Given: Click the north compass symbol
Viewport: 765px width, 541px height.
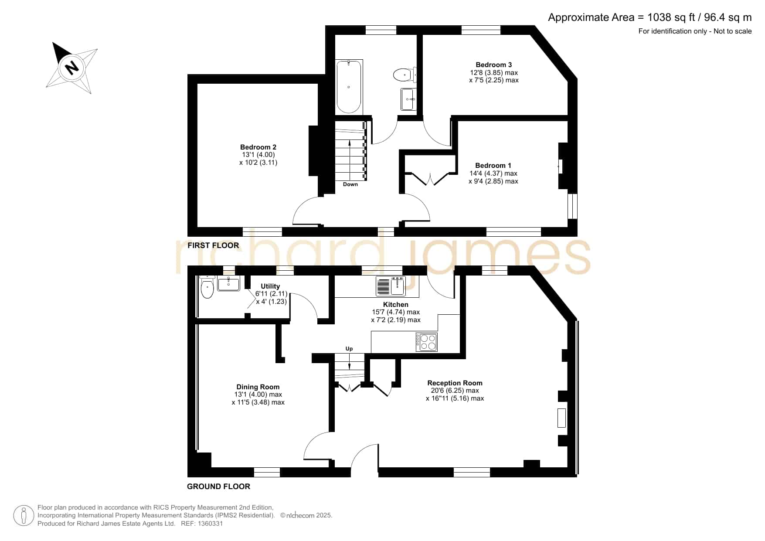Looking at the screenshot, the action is point(72,68).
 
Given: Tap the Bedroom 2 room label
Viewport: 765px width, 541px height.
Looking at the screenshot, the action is point(258,147).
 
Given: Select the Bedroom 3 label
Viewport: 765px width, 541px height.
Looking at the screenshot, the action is point(494,65).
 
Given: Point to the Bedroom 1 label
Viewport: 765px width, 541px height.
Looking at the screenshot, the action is point(493,166).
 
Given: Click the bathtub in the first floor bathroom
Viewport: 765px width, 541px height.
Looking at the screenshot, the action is point(349,87).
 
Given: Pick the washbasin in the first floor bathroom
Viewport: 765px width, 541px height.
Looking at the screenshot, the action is point(409,99).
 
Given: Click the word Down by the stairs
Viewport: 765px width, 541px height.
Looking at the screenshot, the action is point(350,184).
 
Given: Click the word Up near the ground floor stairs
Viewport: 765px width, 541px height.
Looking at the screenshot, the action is point(349,349).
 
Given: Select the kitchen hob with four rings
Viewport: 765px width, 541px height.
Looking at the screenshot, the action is point(426,342).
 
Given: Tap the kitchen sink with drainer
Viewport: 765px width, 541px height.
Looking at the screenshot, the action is point(391,286).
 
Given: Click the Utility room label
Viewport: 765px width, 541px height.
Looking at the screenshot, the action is point(270,286).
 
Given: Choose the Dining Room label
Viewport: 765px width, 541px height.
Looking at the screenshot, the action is point(258,387).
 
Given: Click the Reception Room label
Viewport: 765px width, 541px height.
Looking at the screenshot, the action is point(455,383).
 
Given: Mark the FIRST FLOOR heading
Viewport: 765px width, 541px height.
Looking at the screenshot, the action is point(213,245).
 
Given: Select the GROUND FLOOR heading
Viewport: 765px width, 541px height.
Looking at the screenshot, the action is point(219,487).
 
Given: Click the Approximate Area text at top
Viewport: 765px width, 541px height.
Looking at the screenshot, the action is point(650,17).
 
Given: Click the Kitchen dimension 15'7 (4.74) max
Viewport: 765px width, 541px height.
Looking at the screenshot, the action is point(396,312).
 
